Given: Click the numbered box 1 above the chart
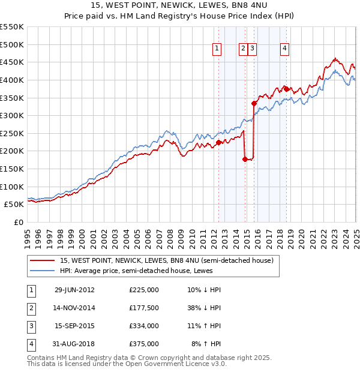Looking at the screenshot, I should [217, 49].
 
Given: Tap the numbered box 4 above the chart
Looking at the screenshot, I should [284, 49].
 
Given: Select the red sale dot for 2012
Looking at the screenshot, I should [219, 142].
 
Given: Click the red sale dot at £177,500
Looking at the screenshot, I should [245, 159].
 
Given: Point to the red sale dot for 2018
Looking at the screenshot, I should [287, 89].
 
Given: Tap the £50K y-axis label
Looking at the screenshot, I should [14, 204].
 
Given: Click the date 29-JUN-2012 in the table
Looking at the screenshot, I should [74, 290].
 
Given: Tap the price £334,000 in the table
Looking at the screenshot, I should [143, 326].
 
